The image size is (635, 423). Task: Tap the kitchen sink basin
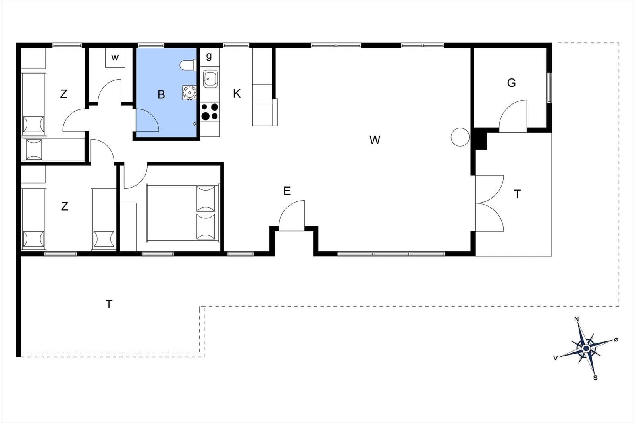click(x=210, y=79)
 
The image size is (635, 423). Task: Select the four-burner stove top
click(x=210, y=111)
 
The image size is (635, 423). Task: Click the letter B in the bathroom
click(x=161, y=95)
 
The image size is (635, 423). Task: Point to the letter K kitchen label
click(x=237, y=94)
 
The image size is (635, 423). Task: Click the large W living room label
click(x=375, y=140)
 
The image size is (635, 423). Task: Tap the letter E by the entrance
click(x=287, y=191)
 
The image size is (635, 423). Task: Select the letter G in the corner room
click(x=512, y=83)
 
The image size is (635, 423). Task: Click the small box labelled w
click(x=115, y=57)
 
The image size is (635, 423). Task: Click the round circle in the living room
click(x=460, y=137)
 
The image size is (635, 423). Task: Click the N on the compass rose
click(x=576, y=319)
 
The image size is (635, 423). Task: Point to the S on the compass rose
click(x=595, y=378)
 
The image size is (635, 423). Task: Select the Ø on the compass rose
click(x=616, y=339)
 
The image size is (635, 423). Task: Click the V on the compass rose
click(x=556, y=358)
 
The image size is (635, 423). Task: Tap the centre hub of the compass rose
click(x=586, y=348)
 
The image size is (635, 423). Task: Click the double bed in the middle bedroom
click(x=183, y=212)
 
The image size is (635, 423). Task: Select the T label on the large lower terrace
click(x=109, y=304)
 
